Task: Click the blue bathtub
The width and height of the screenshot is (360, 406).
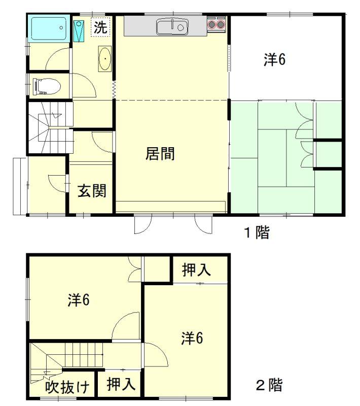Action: [x=49, y=28]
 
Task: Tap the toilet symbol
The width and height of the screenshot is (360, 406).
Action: [x=47, y=86]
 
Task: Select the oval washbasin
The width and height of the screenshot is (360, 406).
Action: [x=105, y=59]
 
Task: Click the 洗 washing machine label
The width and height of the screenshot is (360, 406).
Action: [x=100, y=27]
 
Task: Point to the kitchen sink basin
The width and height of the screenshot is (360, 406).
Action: [x=172, y=27]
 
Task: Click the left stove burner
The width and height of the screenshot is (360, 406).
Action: [x=212, y=24]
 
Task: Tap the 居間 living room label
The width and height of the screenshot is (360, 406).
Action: [x=160, y=153]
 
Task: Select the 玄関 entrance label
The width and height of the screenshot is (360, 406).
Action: [x=92, y=191]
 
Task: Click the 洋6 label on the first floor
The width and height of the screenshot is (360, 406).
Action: [x=275, y=59]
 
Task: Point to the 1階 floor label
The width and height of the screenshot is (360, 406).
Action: [x=257, y=232]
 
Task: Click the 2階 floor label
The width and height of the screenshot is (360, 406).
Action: [x=269, y=385]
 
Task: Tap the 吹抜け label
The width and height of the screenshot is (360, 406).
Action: [x=67, y=387]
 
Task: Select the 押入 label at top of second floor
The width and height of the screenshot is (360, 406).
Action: [x=197, y=270]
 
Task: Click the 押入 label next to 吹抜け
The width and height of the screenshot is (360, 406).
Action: [x=121, y=384]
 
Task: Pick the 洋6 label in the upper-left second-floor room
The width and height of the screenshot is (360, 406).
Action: [x=79, y=300]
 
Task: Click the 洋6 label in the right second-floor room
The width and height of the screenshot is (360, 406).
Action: [x=192, y=338]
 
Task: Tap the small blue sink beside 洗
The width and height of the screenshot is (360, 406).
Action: [x=79, y=31]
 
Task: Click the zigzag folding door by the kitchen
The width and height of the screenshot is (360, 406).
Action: [x=114, y=90]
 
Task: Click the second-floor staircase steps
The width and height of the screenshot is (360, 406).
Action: [x=84, y=355]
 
